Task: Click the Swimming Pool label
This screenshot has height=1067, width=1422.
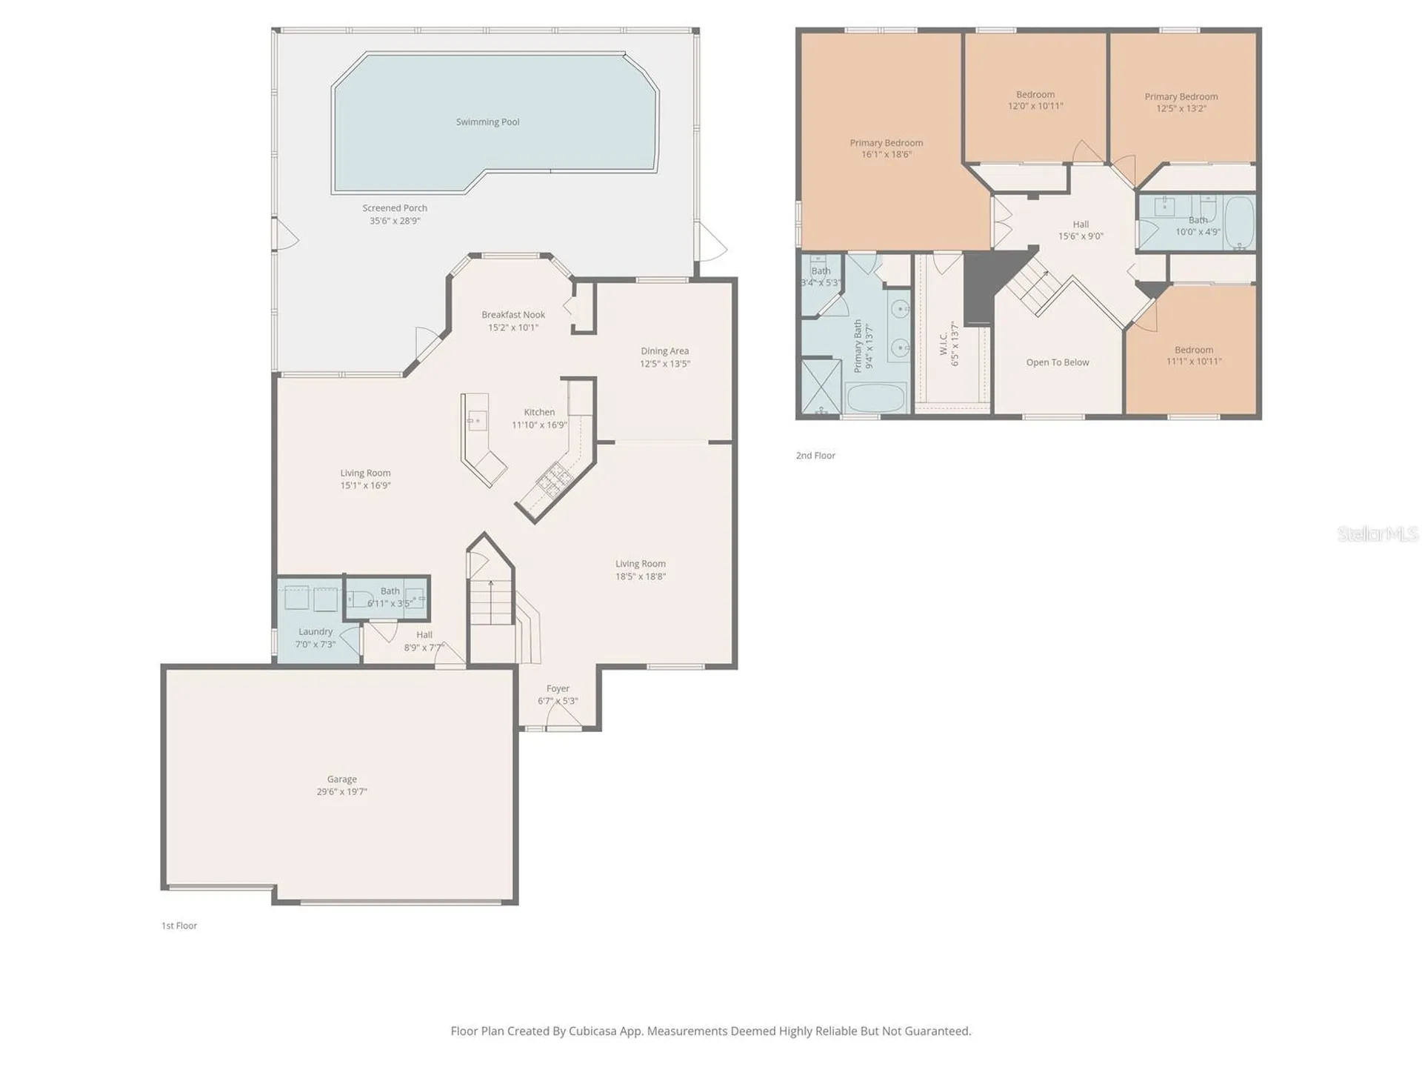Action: point(487,122)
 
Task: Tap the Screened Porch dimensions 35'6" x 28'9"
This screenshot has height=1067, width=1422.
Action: point(395,221)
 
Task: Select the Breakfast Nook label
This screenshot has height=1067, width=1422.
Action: point(513,315)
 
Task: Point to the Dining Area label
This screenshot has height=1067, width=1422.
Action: point(664,351)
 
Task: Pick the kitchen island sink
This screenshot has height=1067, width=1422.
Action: point(475,421)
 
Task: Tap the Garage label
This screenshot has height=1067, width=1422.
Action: point(342,780)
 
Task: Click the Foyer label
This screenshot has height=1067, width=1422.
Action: point(558,689)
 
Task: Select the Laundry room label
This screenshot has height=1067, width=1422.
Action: point(316,632)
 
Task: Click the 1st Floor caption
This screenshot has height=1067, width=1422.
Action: point(179,925)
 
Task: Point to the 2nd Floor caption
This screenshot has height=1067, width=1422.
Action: point(815,456)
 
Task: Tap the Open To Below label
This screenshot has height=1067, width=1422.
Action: point(1058,362)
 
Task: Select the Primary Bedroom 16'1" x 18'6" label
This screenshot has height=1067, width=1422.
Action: point(887,149)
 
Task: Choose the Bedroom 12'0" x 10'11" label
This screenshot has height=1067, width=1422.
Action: point(1035,100)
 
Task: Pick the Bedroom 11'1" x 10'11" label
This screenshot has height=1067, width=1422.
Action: point(1194,356)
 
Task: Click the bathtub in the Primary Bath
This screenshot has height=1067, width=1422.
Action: point(876,398)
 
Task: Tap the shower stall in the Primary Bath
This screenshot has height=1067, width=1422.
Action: point(821,386)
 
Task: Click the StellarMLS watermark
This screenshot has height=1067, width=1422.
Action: point(1378,533)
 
